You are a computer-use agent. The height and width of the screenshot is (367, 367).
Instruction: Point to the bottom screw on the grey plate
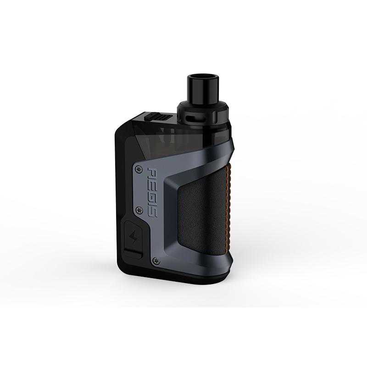(156, 260)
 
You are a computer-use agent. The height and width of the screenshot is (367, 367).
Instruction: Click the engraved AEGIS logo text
(151, 193)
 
